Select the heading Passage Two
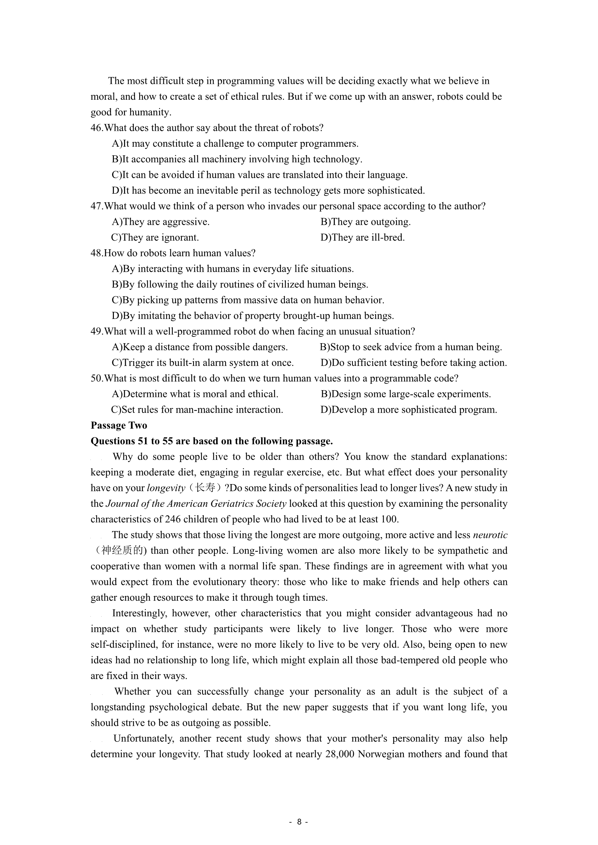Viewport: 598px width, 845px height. (119, 426)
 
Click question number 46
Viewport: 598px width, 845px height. (96, 128)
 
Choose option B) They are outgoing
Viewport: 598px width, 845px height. (365, 222)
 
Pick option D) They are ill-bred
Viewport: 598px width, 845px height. (362, 238)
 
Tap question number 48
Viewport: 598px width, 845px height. (96, 253)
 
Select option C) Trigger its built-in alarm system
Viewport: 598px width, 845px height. (202, 363)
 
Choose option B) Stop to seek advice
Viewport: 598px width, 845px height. (411, 347)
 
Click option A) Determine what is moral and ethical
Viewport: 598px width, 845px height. (195, 394)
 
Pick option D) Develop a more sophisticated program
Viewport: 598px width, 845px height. (409, 410)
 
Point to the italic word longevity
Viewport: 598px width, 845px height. (166, 488)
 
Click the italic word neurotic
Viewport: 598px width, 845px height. (490, 535)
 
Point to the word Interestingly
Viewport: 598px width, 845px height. (139, 613)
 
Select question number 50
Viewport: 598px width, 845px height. (96, 378)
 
